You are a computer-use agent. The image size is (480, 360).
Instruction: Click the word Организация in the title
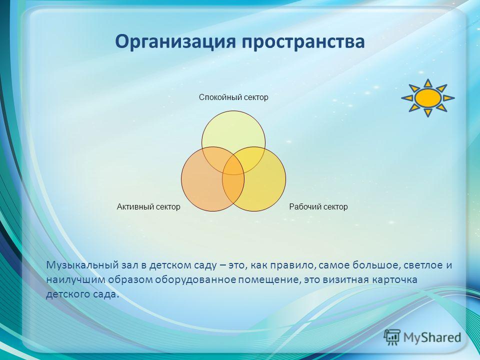(x=175, y=42)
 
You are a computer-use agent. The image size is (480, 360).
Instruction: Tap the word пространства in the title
(x=303, y=42)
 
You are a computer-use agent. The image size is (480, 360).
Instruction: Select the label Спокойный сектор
(x=233, y=97)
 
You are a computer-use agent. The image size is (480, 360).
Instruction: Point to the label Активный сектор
(x=148, y=207)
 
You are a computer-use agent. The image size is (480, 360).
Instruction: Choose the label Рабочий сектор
(x=318, y=207)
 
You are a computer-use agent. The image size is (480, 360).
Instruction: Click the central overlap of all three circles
(x=233, y=169)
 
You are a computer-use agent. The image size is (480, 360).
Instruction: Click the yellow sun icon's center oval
(x=428, y=98)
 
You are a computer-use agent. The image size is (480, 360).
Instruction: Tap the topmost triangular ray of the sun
(x=428, y=83)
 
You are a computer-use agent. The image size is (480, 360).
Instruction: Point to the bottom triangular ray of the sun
(x=428, y=113)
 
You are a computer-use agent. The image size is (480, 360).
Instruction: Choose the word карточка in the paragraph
(x=395, y=280)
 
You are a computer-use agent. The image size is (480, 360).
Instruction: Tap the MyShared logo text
(x=432, y=337)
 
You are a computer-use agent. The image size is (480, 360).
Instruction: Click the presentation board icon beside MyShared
(x=392, y=337)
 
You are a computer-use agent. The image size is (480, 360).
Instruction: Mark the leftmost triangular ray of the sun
(x=407, y=98)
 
